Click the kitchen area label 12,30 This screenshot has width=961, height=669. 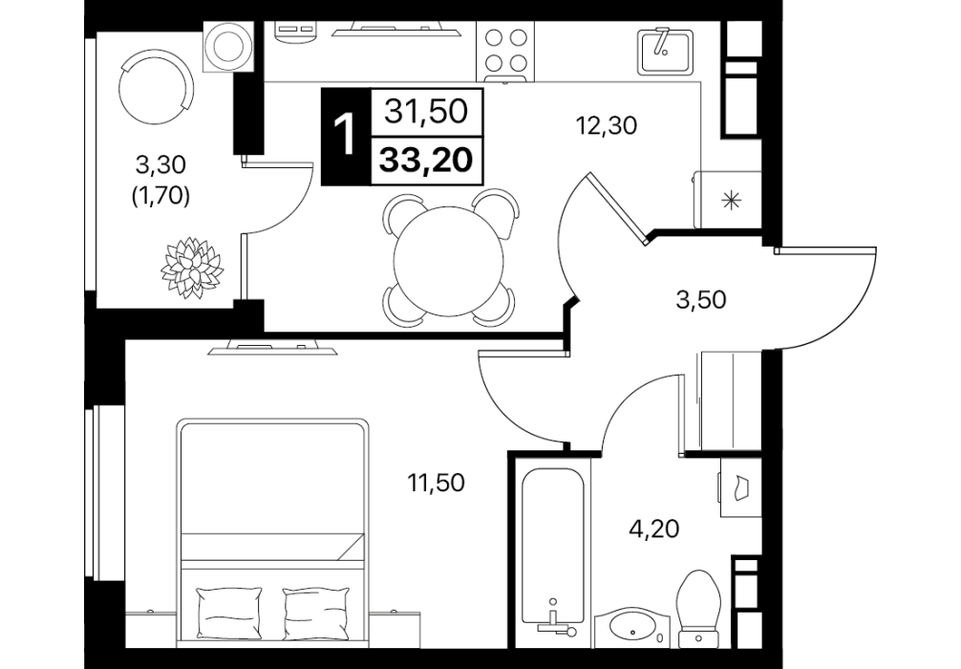point(607,126)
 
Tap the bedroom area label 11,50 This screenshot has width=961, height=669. point(437,483)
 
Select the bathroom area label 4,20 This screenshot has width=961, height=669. point(654,528)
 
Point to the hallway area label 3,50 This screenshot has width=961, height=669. point(701,300)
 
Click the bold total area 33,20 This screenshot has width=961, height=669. point(427,160)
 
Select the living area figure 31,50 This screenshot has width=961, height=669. point(427,112)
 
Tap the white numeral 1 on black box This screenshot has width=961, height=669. point(345,136)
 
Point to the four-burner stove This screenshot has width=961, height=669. point(505,52)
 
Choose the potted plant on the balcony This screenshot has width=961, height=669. point(192,268)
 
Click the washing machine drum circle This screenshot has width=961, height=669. point(228,47)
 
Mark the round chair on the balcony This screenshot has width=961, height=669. point(156,90)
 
